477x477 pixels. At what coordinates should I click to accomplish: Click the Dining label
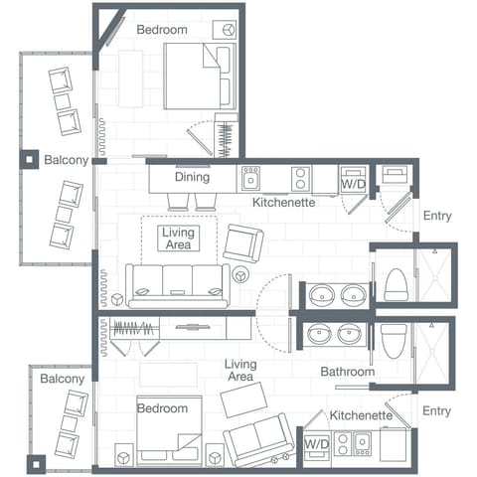(x=192, y=178)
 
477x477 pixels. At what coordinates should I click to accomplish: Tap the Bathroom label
(x=347, y=372)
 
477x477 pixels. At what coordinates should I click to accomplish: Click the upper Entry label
(x=437, y=216)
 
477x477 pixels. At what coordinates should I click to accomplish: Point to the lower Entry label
(x=437, y=410)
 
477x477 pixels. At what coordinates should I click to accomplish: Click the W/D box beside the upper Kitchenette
(x=353, y=180)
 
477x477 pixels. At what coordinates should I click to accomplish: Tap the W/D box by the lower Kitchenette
(x=316, y=442)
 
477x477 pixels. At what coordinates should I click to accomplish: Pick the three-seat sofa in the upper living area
(x=177, y=284)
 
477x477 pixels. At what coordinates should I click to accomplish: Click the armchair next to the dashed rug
(x=243, y=242)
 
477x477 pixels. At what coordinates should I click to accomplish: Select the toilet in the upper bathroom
(x=396, y=283)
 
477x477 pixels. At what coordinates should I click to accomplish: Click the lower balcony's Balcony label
(x=62, y=379)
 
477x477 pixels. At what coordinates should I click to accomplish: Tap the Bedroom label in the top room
(x=162, y=30)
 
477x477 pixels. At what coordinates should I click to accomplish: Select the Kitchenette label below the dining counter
(x=283, y=202)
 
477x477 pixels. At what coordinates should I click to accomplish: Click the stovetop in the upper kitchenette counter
(x=300, y=178)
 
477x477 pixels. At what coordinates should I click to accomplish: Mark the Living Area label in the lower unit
(x=241, y=371)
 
